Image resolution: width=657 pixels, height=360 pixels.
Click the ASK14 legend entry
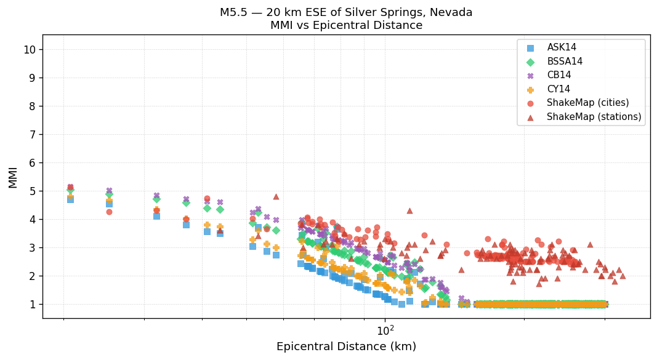click(561, 47)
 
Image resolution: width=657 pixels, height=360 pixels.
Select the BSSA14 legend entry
click(564, 62)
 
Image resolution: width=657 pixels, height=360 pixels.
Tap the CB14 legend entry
click(558, 75)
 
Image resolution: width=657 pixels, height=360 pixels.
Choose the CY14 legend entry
click(558, 89)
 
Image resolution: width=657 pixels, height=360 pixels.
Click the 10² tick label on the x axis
click(385, 330)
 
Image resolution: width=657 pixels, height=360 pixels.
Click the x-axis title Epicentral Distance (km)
click(346, 347)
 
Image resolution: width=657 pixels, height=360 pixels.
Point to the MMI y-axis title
click(13, 177)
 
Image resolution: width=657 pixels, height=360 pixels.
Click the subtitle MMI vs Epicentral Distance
click(346, 25)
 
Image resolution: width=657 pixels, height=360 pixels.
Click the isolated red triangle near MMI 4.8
click(276, 196)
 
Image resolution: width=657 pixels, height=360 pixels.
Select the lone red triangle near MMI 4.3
click(409, 210)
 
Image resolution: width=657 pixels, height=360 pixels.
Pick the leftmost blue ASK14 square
click(70, 199)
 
